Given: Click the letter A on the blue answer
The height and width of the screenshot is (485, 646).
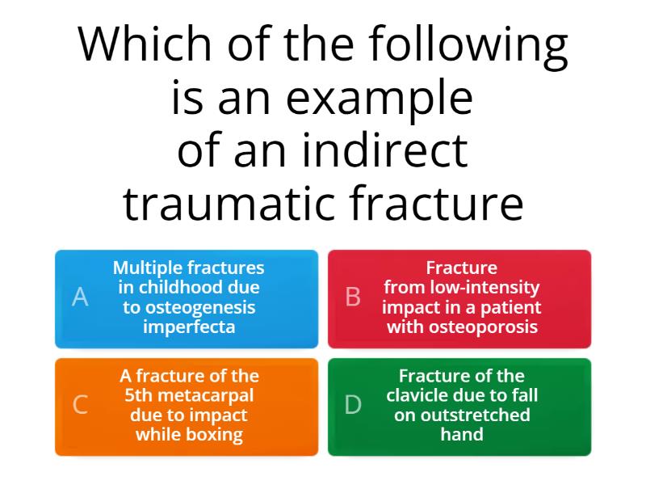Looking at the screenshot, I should tap(80, 297).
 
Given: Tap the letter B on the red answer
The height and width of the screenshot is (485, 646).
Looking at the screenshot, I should tap(353, 297).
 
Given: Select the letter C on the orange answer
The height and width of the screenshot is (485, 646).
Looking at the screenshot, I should tap(80, 405).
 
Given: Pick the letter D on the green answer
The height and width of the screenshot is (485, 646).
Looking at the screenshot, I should tap(353, 405).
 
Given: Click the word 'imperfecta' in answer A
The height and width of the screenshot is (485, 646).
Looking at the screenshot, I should tap(189, 327).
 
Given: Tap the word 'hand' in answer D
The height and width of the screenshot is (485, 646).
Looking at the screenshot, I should tap(461, 434).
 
